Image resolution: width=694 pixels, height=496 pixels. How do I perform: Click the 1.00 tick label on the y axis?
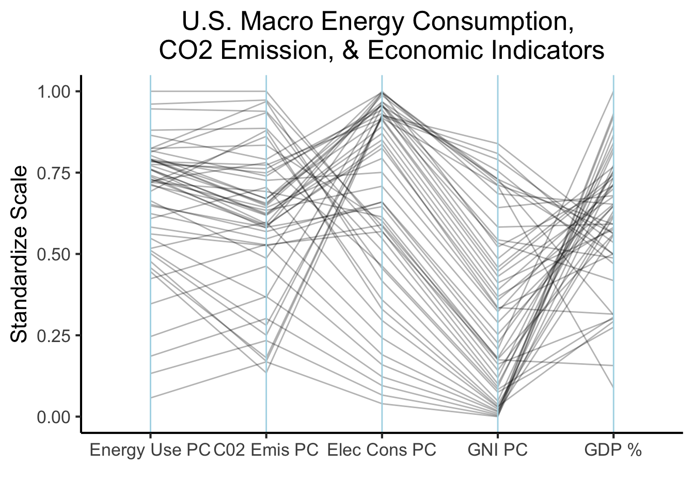click(55, 92)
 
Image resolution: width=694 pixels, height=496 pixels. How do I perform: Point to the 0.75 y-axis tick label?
click(55, 173)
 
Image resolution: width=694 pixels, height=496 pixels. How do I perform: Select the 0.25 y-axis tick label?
click(55, 336)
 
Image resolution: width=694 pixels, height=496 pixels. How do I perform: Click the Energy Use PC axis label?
click(150, 451)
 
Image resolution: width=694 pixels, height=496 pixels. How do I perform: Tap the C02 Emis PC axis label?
click(266, 450)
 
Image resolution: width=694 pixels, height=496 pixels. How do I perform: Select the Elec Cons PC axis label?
click(382, 450)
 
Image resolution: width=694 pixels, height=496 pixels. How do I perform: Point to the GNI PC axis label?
click(498, 450)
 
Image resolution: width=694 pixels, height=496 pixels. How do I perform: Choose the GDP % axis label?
click(613, 450)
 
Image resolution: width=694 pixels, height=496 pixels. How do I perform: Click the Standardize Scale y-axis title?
click(19, 254)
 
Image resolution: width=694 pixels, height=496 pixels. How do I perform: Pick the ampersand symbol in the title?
click(351, 51)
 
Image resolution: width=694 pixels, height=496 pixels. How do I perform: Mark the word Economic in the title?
click(425, 51)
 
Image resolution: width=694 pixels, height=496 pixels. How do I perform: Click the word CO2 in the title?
click(186, 51)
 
